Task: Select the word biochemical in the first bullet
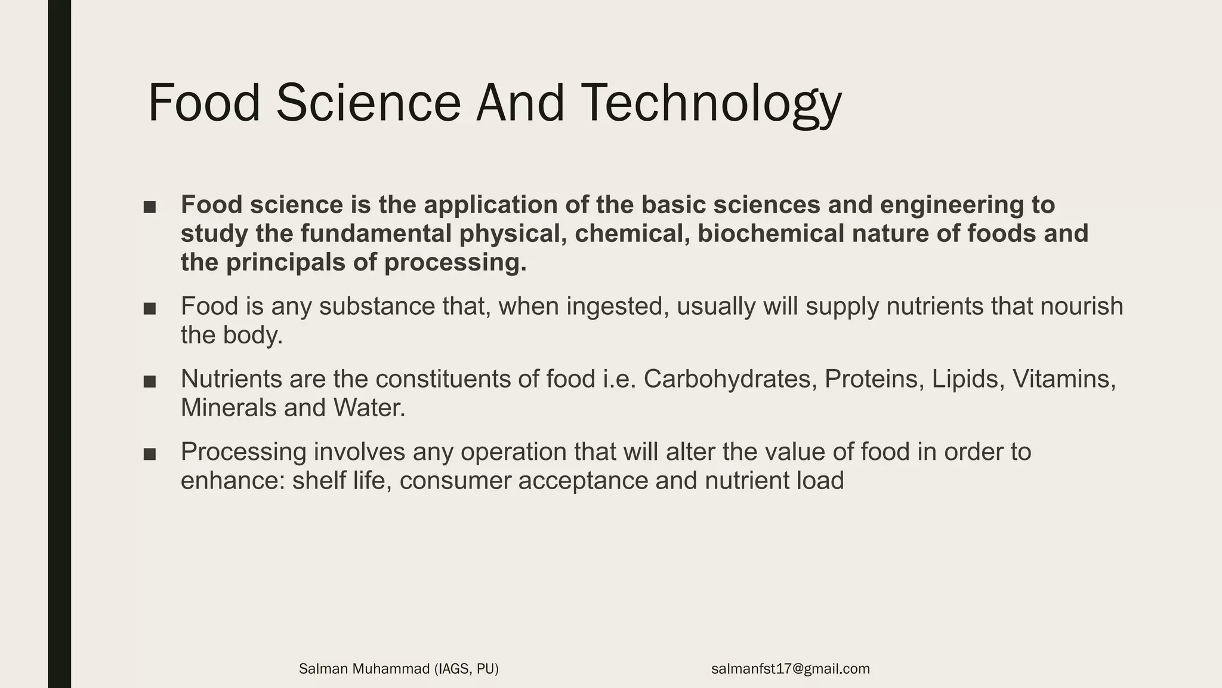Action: point(770,234)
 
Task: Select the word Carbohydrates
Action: point(730,379)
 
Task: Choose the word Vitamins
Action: point(1064,379)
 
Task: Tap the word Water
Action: point(369,408)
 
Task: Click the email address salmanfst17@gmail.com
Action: point(790,669)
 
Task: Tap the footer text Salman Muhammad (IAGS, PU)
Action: point(399,669)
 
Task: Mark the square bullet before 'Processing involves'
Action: point(150,454)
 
